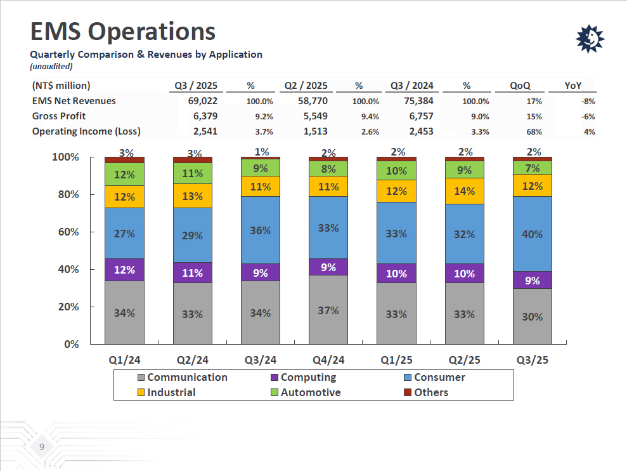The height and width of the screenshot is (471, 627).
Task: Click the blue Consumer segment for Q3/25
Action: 532,234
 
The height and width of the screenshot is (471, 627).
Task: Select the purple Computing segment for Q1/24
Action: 124,269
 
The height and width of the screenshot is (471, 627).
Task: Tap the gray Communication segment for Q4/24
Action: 328,310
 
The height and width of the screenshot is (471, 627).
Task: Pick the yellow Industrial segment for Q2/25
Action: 465,191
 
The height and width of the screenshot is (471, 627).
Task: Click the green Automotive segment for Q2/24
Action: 192,173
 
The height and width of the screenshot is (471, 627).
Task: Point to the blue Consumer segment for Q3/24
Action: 260,230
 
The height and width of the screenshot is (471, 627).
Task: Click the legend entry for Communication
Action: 182,377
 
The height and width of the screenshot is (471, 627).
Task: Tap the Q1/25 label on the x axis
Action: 396,360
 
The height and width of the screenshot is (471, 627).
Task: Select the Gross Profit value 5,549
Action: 312,116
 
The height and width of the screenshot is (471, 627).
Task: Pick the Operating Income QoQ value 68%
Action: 534,131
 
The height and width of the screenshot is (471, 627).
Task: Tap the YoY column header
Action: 573,86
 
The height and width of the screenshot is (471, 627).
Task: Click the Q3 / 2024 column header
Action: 411,86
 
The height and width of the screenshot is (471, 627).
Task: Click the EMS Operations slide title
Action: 123,31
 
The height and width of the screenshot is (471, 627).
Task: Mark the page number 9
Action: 42,448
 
